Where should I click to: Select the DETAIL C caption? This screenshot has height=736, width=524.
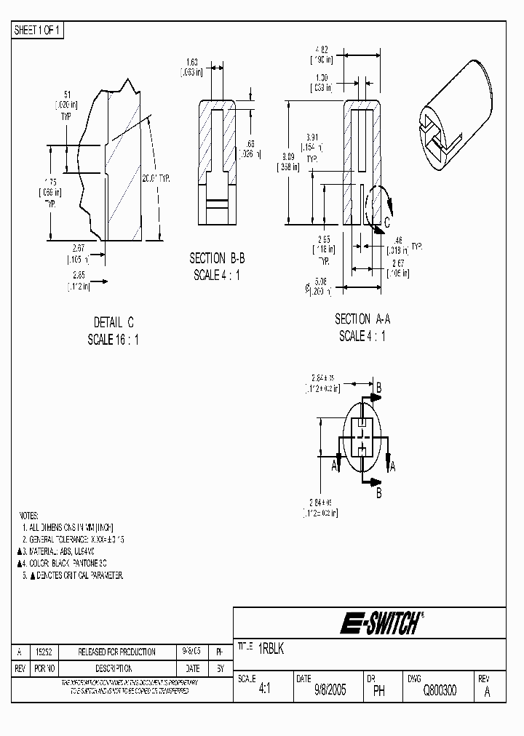[114, 322]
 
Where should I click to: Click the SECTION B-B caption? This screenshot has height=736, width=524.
[217, 258]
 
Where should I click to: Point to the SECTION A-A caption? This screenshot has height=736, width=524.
[362, 319]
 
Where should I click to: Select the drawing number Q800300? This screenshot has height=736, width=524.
[440, 691]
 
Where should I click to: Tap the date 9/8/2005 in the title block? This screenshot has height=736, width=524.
[330, 691]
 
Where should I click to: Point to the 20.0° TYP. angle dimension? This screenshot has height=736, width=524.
[155, 177]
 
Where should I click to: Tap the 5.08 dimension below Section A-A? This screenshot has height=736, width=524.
[321, 282]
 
